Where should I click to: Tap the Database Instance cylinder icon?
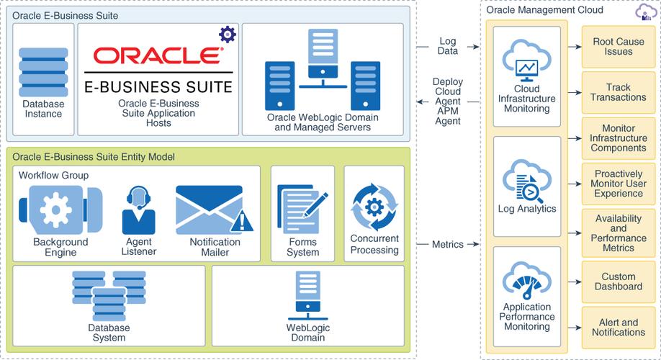click(42, 68)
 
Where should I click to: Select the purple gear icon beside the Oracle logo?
click(227, 33)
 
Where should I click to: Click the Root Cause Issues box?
click(613, 48)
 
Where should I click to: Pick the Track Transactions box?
click(613, 92)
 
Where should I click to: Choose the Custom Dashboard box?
click(613, 282)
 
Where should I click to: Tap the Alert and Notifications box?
click(613, 328)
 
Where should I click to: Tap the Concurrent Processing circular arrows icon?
click(374, 208)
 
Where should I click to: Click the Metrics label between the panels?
click(447, 245)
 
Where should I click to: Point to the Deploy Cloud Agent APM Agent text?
click(447, 102)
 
